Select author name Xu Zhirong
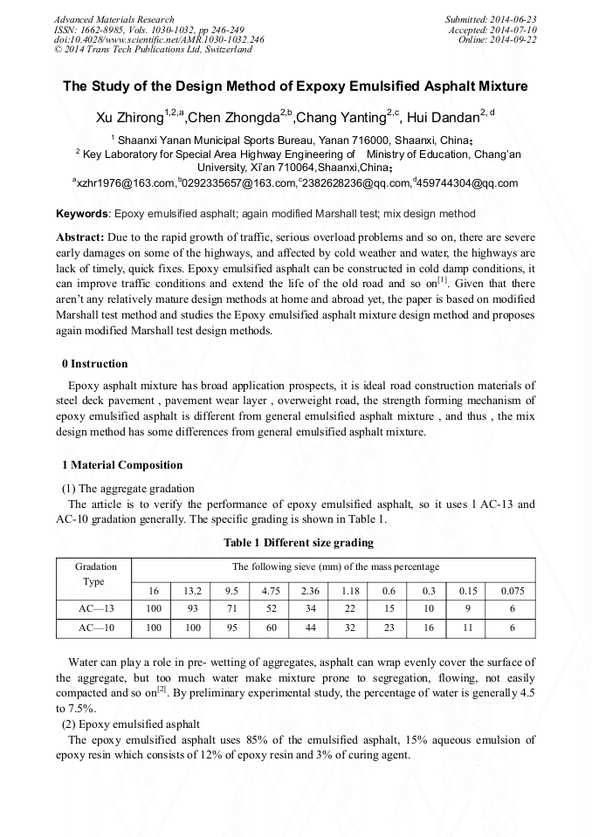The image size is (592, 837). coord(128,118)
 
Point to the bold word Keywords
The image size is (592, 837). coord(82,214)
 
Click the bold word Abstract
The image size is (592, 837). coord(80,237)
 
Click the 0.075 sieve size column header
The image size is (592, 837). coord(513,591)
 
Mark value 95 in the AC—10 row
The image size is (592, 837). coord(231,628)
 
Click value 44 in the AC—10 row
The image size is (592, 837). coord(310,628)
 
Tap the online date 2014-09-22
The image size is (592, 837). coord(516,39)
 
